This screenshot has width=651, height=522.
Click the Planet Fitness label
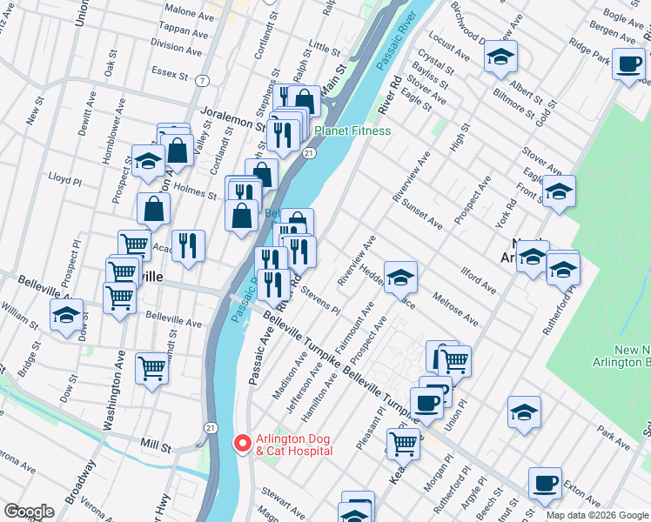(x=352, y=131)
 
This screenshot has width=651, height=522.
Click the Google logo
(x=29, y=512)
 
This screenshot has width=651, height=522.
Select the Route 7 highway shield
(x=202, y=81)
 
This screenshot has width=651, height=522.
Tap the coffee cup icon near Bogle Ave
(x=628, y=64)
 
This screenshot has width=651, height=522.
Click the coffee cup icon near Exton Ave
(x=545, y=483)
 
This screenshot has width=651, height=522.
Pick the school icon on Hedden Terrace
(x=400, y=278)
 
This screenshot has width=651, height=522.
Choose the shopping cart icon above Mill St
(x=151, y=369)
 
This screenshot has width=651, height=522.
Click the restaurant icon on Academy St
(x=188, y=245)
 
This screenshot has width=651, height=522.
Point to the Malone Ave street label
(x=182, y=10)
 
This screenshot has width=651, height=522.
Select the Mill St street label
(x=156, y=445)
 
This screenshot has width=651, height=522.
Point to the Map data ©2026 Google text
(x=596, y=515)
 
